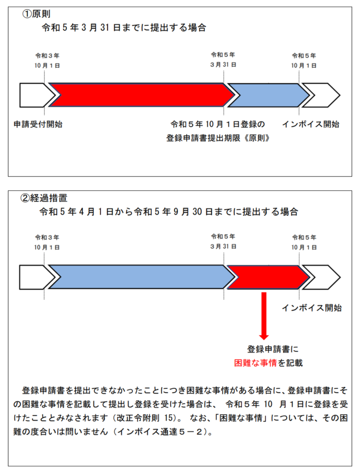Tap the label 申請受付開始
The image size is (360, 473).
click(x=38, y=124)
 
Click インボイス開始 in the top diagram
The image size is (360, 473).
click(x=310, y=124)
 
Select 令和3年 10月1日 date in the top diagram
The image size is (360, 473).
click(x=47, y=61)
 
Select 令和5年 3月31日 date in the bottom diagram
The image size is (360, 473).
click(x=223, y=242)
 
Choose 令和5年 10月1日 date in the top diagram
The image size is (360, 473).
click(x=304, y=61)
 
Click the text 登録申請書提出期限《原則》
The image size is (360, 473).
click(x=218, y=138)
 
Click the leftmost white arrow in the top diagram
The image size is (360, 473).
click(x=36, y=95)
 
